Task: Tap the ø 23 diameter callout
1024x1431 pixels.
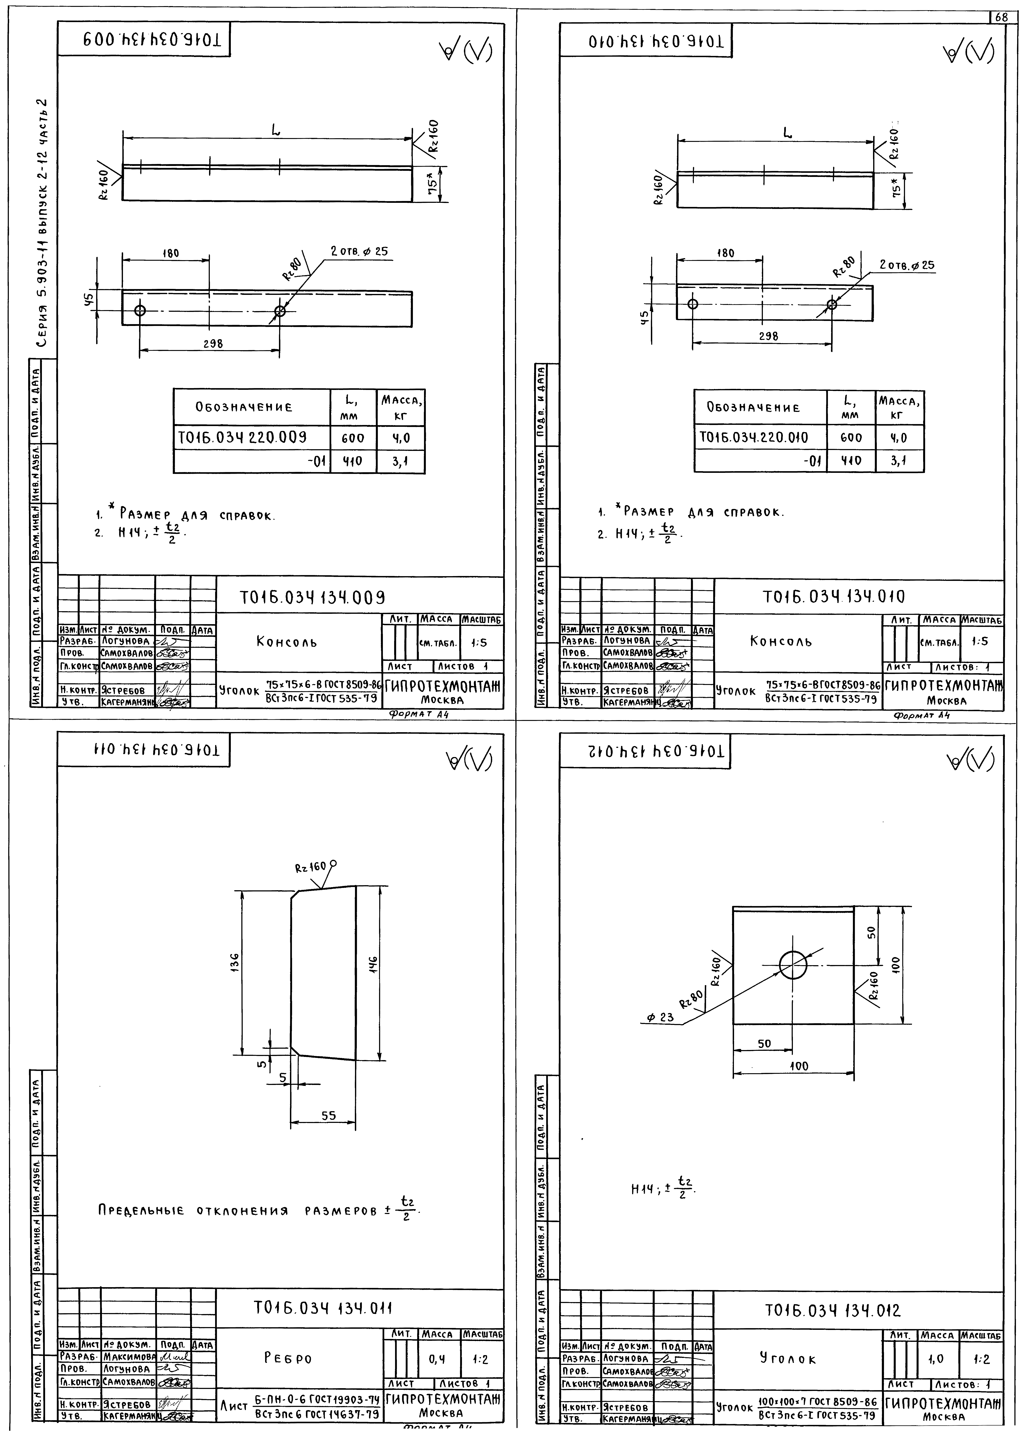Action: coord(660,1017)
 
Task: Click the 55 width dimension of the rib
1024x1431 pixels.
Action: coord(328,1116)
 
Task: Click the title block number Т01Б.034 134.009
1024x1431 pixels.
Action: coord(312,597)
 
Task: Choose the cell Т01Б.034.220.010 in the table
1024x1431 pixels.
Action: coord(754,437)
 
